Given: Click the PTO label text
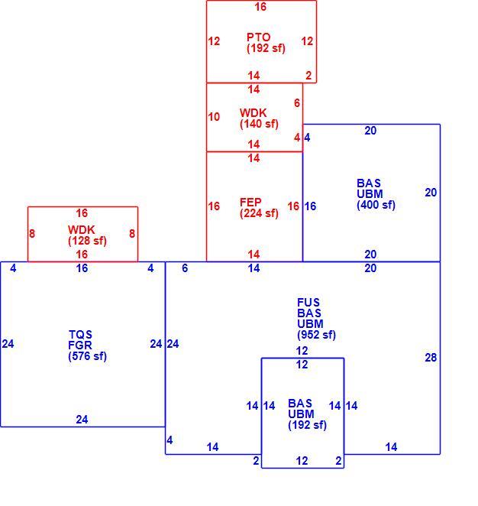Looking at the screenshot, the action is tap(258, 37).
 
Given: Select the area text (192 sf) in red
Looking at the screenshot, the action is tap(266, 48).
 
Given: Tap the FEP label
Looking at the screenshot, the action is tap(250, 203).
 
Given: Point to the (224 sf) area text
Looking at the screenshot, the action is tap(259, 213).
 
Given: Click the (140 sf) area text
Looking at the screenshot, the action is tap(259, 124).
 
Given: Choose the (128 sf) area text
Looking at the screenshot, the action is tap(87, 241).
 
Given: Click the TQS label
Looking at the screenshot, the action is tap(80, 334).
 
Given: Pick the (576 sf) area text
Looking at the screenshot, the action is tap(87, 356).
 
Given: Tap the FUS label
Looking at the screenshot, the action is tap(308, 303).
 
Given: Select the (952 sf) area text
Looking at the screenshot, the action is tap(316, 335).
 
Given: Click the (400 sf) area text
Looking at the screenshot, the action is tap(376, 205).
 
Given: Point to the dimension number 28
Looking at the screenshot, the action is tap(431, 358).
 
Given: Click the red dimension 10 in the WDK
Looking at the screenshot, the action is tap(214, 117).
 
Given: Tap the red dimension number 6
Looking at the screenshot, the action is tap(297, 103).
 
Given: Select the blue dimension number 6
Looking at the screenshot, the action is tap(185, 268).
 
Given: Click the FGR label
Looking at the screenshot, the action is tap(80, 345).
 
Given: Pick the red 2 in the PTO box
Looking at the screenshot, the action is tap(308, 76).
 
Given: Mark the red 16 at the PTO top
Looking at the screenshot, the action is tap(260, 7).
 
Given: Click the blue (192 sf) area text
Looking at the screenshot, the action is tap(307, 425).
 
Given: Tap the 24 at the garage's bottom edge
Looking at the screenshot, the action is tap(82, 420).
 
